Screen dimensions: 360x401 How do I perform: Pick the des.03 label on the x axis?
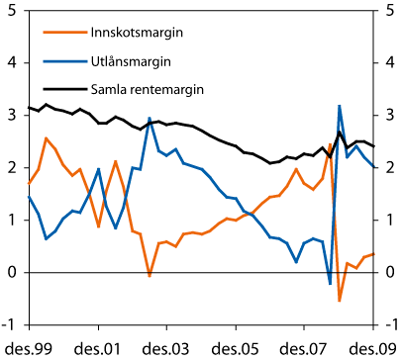click(x=168, y=347)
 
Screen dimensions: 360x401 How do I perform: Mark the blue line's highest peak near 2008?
click(x=340, y=106)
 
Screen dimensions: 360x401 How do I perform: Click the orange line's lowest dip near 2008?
click(x=339, y=300)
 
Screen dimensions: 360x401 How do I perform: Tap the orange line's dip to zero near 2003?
click(x=150, y=275)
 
